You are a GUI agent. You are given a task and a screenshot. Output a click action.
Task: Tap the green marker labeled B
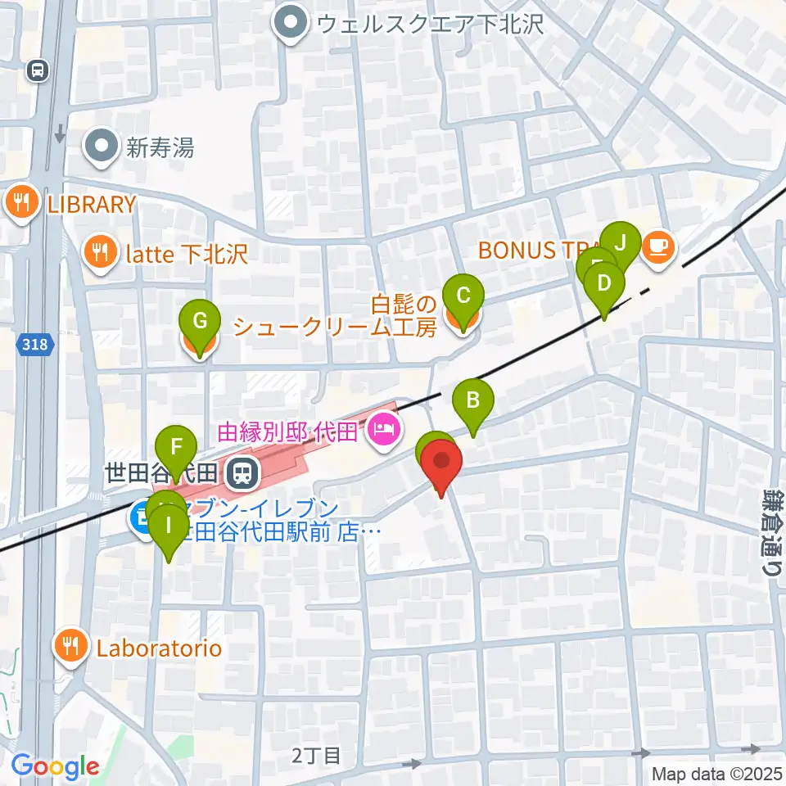point(473,401)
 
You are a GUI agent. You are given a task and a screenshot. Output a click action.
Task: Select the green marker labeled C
point(463,296)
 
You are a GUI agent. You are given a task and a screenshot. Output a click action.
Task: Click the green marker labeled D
point(604,285)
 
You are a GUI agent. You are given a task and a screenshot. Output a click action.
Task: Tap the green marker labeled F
point(175,448)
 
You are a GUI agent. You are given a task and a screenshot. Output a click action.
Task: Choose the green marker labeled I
point(169,525)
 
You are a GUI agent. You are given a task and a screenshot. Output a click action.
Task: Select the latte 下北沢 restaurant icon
point(100,253)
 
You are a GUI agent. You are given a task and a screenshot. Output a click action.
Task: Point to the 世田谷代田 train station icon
point(242,472)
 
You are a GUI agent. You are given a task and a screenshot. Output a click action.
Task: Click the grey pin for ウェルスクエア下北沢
point(291,25)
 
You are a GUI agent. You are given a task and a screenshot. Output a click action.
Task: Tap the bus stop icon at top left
point(37,71)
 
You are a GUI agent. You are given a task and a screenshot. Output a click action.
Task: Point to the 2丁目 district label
point(315,755)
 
